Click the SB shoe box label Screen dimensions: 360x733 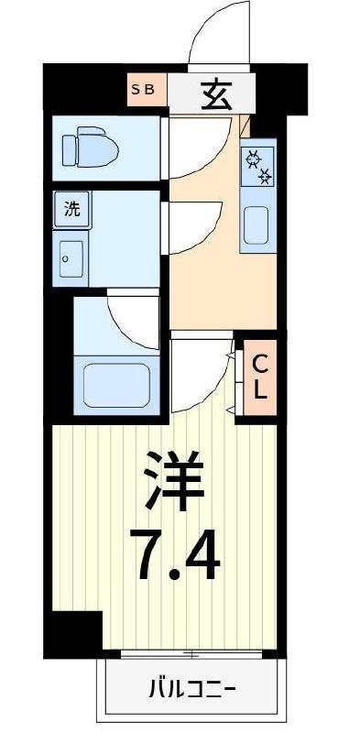[x=142, y=89]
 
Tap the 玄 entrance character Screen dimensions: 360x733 [x=216, y=95]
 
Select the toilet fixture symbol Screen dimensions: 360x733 [x=91, y=147]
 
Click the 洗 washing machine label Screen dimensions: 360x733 [x=72, y=210]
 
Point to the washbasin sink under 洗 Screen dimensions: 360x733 [x=71, y=258]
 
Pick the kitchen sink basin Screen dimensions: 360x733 [x=256, y=225]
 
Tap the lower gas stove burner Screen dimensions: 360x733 [x=266, y=176]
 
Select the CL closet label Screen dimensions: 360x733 [x=260, y=377]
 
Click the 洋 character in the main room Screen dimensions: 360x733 [x=173, y=479]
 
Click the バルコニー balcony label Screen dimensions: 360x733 [x=192, y=689]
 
